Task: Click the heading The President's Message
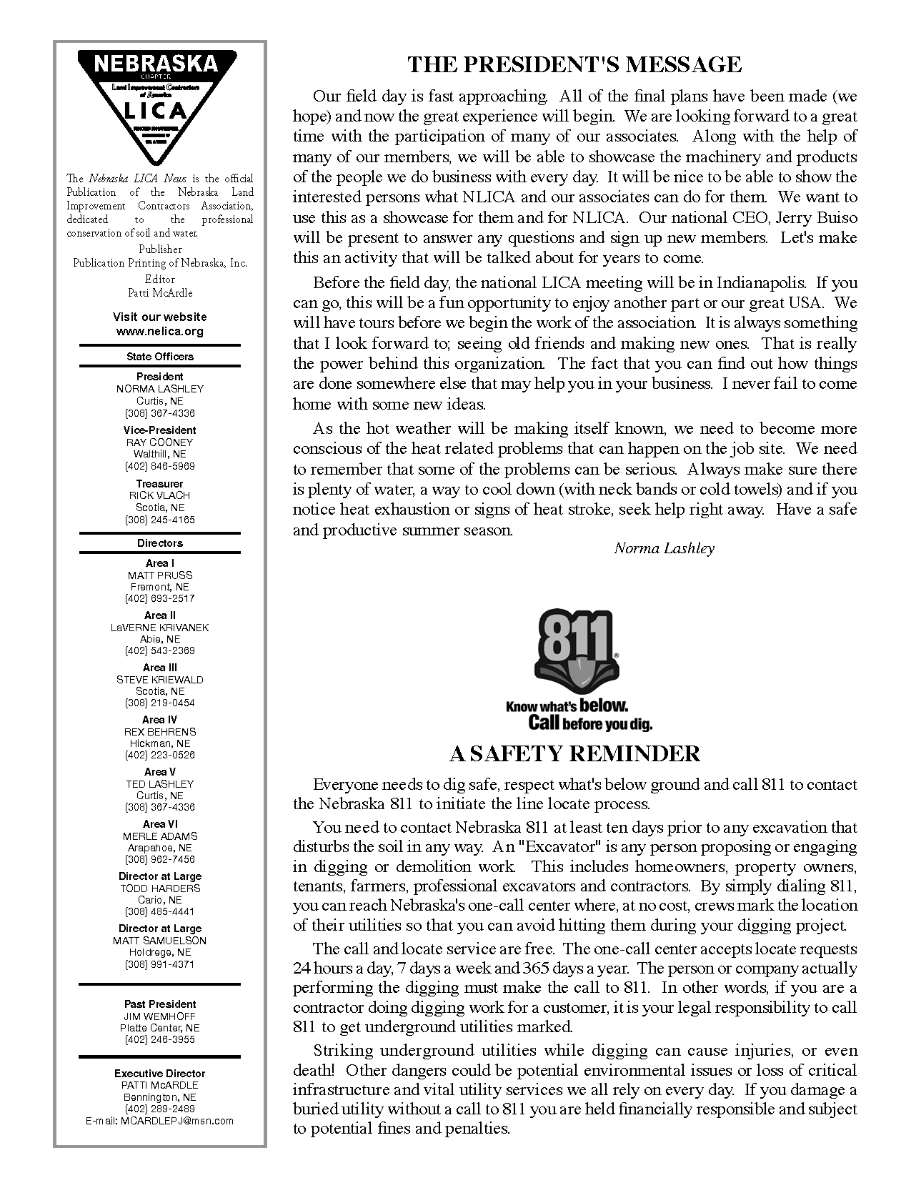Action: pos(574,64)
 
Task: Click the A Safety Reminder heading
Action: pos(574,753)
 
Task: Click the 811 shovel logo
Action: pos(575,654)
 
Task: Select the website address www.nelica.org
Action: pos(159,332)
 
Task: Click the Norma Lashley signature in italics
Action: pos(664,548)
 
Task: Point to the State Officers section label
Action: pos(159,356)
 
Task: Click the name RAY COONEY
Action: pos(159,442)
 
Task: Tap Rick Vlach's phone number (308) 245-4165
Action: pos(159,520)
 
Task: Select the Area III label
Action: pos(159,668)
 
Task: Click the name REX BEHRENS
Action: pos(159,732)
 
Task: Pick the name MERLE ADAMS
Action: pos(159,836)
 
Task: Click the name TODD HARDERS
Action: pos(159,888)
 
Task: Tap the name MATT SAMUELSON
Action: pos(159,941)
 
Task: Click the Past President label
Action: pos(159,1004)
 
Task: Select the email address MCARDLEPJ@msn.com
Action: pos(176,1121)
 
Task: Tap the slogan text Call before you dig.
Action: pos(589,723)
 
